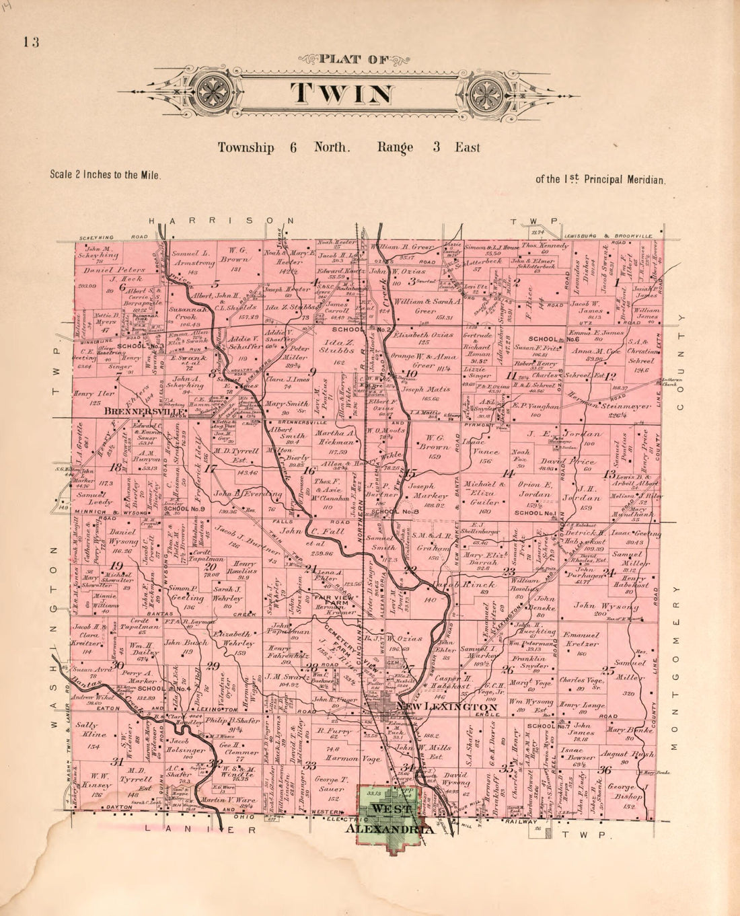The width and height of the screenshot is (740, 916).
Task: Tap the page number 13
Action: coord(31,42)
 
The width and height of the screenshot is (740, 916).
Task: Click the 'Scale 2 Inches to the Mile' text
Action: coord(106,174)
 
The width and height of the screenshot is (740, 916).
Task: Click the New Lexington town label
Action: coord(447,708)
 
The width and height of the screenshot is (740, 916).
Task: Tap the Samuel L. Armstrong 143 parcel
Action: coord(193,262)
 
